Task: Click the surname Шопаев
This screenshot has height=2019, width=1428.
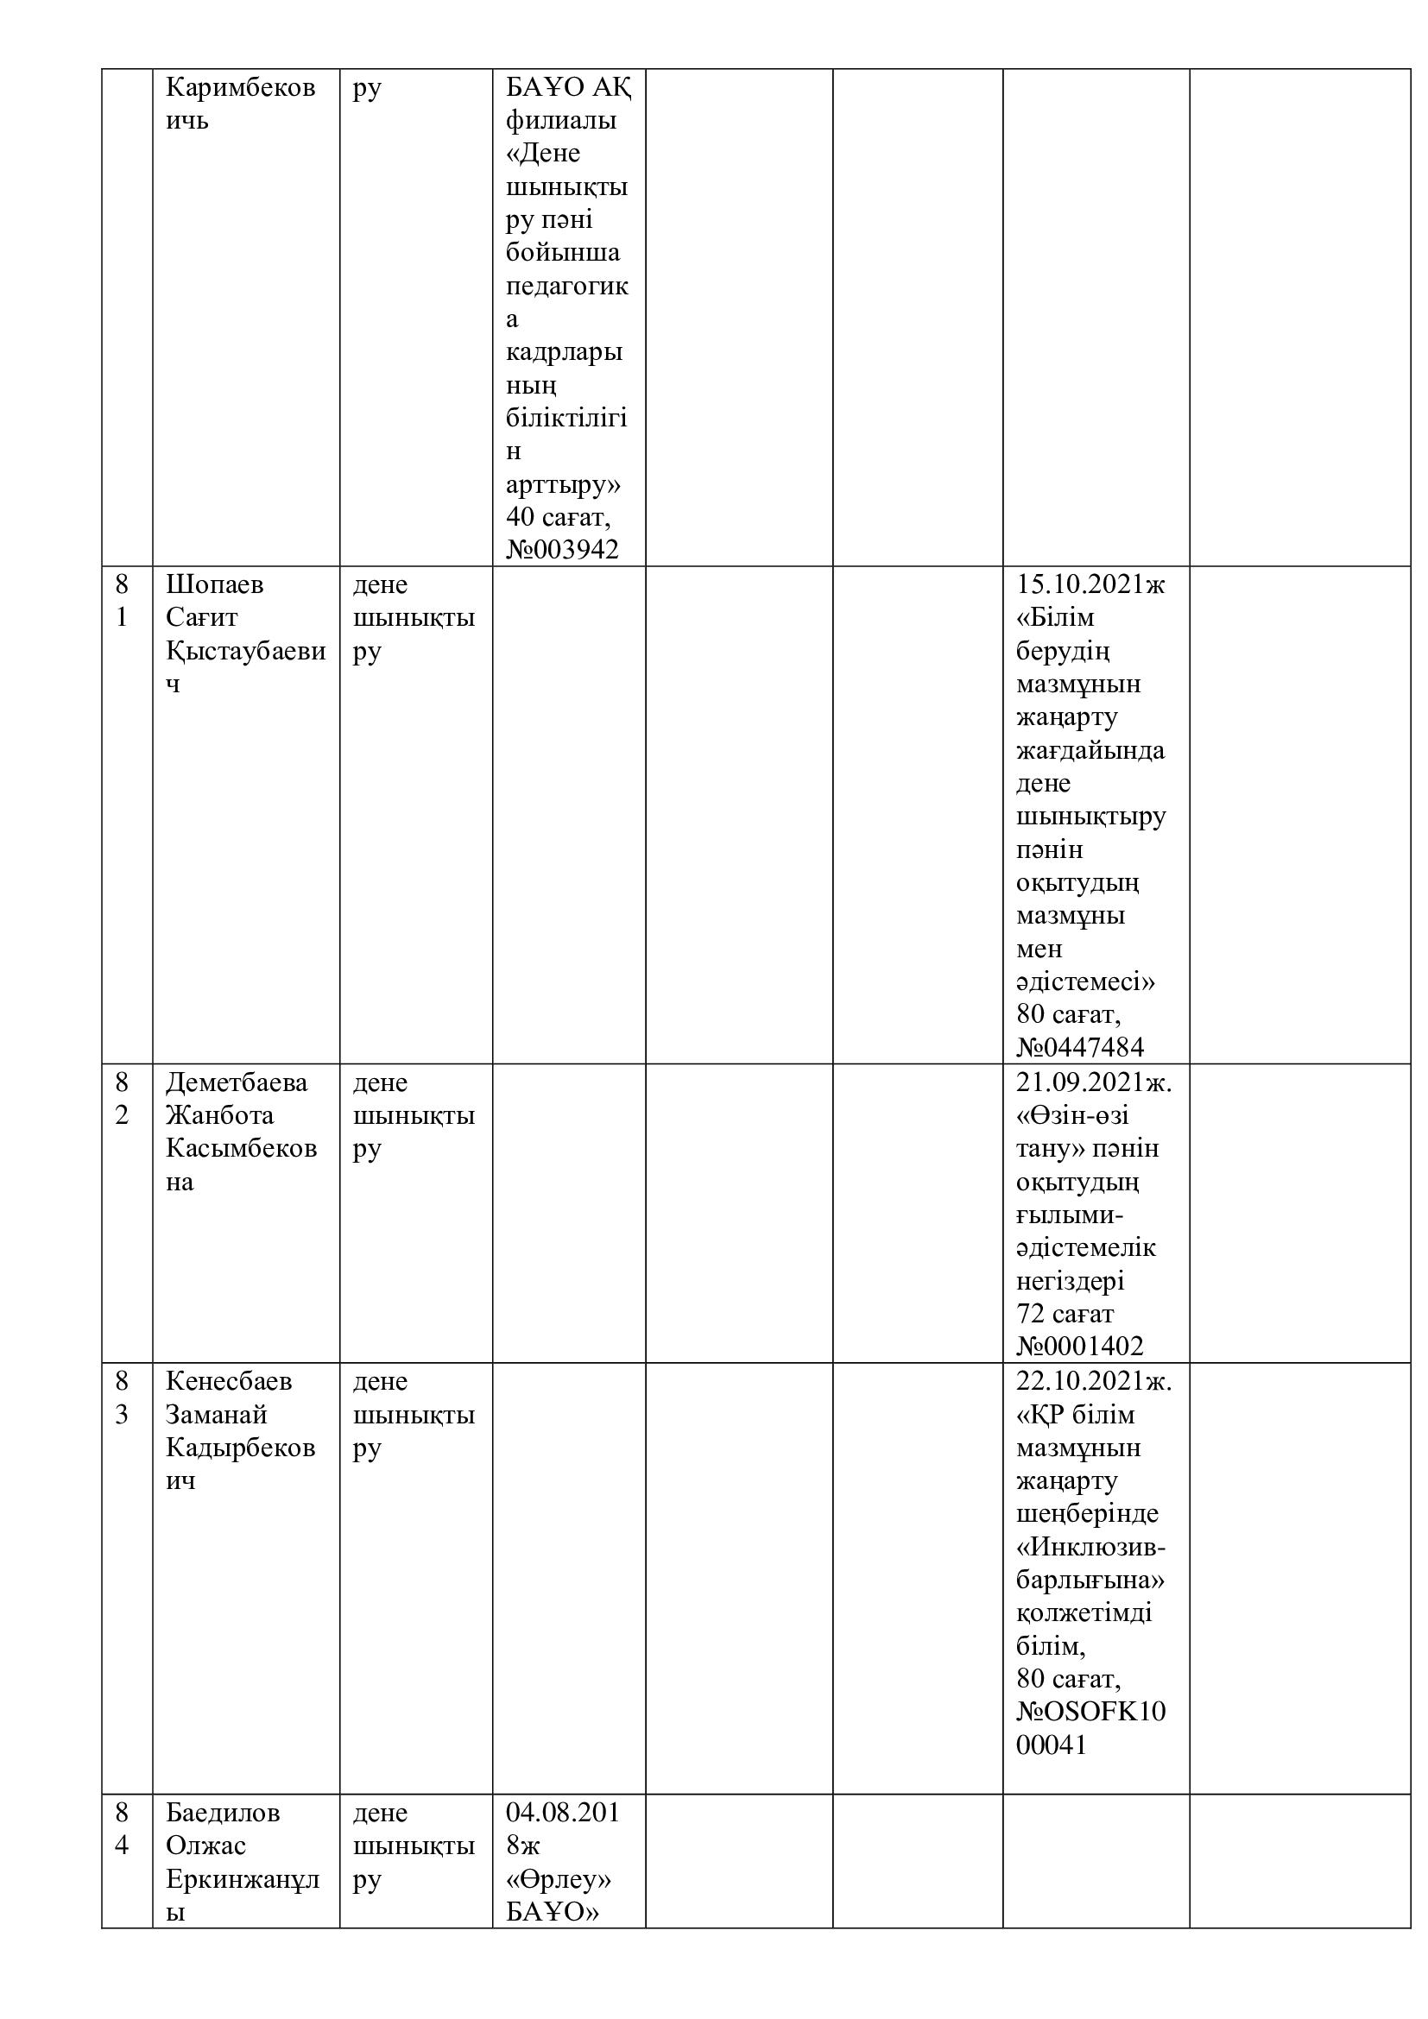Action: [x=215, y=584]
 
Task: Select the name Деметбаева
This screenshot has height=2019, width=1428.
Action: [x=237, y=1082]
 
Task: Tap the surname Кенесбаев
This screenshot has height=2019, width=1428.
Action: [x=229, y=1380]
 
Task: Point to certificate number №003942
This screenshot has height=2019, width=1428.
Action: [x=562, y=550]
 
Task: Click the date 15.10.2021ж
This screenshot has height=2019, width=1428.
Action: [x=1090, y=584]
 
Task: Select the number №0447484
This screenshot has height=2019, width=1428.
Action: [x=1080, y=1047]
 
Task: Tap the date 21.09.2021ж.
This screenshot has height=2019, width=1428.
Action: [x=1094, y=1082]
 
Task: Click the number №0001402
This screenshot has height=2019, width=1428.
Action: [x=1080, y=1347]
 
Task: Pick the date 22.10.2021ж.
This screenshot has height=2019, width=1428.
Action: [x=1094, y=1380]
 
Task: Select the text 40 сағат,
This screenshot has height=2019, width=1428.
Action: [x=558, y=516]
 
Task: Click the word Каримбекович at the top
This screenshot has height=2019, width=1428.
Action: [x=240, y=88]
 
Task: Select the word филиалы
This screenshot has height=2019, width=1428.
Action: [x=561, y=121]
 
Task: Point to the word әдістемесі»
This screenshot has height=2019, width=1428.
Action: [x=1085, y=981]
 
